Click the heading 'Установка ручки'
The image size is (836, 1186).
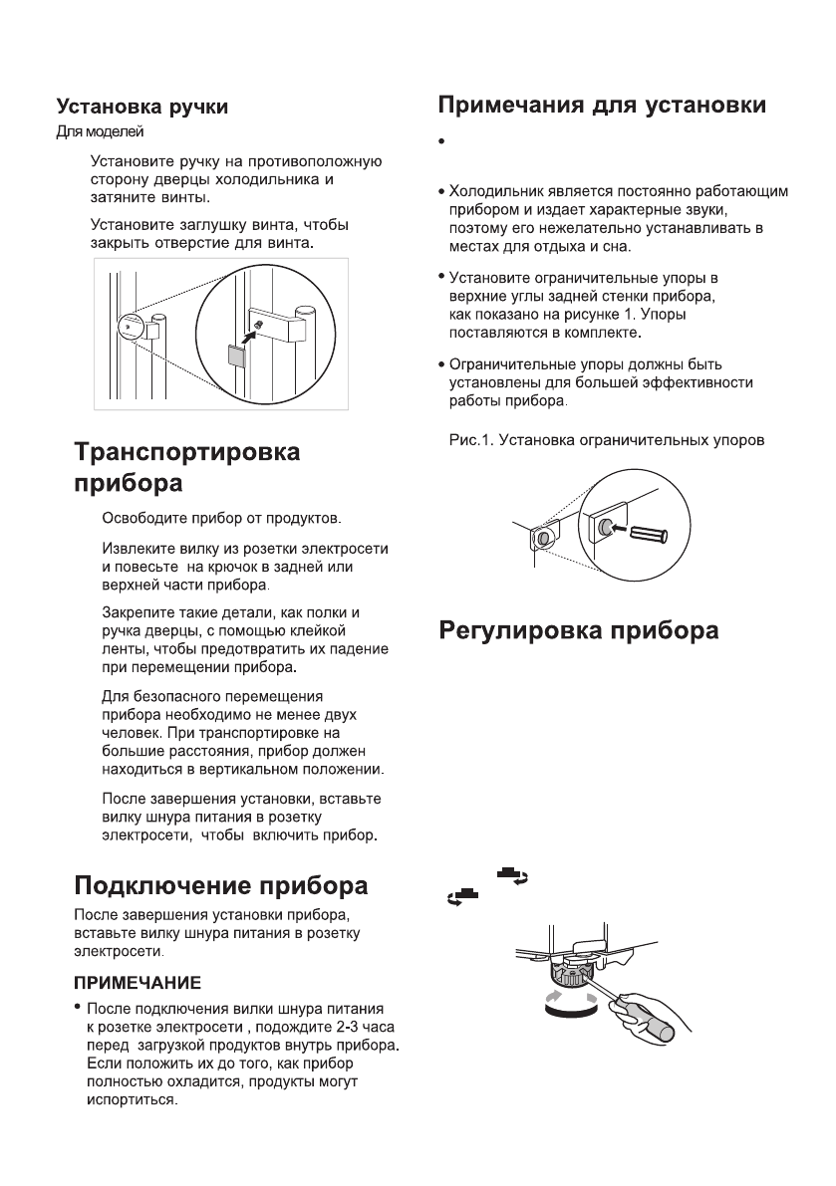(141, 107)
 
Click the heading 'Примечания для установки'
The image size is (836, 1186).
(603, 105)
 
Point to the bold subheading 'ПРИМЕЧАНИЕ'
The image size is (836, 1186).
(139, 983)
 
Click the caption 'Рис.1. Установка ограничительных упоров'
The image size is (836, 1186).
(605, 440)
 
